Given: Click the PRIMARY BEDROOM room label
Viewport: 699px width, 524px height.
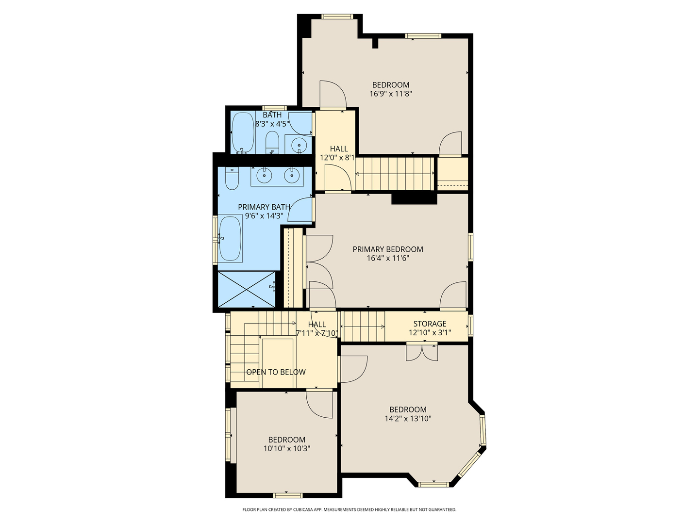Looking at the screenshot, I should (x=387, y=249).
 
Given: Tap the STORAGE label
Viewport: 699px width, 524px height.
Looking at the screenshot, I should (x=430, y=324).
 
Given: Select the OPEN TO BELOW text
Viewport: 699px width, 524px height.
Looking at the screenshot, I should (x=276, y=372).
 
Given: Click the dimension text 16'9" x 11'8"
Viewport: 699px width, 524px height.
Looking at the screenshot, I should (x=391, y=94).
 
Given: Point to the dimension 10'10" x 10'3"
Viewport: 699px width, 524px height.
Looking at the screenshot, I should (x=286, y=449).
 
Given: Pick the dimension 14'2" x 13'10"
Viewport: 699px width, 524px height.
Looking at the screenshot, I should (x=408, y=418).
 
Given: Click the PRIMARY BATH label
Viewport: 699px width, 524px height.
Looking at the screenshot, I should (x=264, y=207).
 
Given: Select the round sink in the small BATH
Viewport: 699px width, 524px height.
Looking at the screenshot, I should (x=299, y=144).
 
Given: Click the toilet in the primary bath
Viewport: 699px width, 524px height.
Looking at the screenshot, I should (x=233, y=178).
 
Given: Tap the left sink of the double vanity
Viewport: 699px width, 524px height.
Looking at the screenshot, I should (x=264, y=176).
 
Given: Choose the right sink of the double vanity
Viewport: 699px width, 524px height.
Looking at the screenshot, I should (x=292, y=176).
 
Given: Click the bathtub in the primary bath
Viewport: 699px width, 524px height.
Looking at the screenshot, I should (x=230, y=239).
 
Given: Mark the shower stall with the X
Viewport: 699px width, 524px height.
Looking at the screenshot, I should (x=247, y=289).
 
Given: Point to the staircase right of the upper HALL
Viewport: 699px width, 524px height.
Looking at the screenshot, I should (x=394, y=173).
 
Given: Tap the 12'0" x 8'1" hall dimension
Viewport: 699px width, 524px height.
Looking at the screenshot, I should (x=337, y=158).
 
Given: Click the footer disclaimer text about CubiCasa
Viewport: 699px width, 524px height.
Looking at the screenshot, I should (x=349, y=509).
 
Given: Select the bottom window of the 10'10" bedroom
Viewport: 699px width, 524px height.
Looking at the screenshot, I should (x=287, y=495).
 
